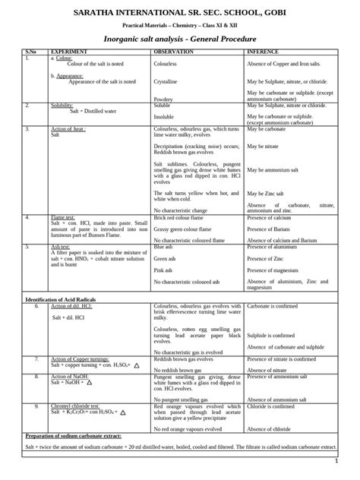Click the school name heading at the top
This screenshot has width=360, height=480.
pyautogui.click(x=179, y=14)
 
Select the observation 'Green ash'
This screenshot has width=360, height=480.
pyautogui.click(x=164, y=258)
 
